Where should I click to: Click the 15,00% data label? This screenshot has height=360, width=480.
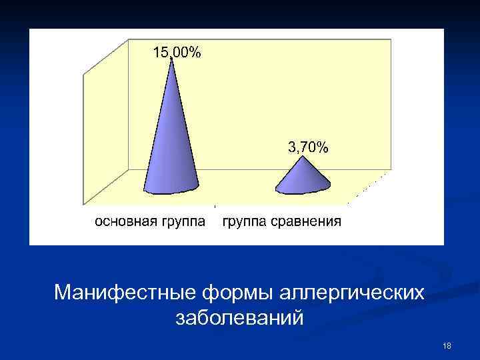177,53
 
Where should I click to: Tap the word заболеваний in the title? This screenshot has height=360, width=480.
239,318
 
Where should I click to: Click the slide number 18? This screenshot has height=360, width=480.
447,345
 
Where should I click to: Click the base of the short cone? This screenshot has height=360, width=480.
304,191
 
